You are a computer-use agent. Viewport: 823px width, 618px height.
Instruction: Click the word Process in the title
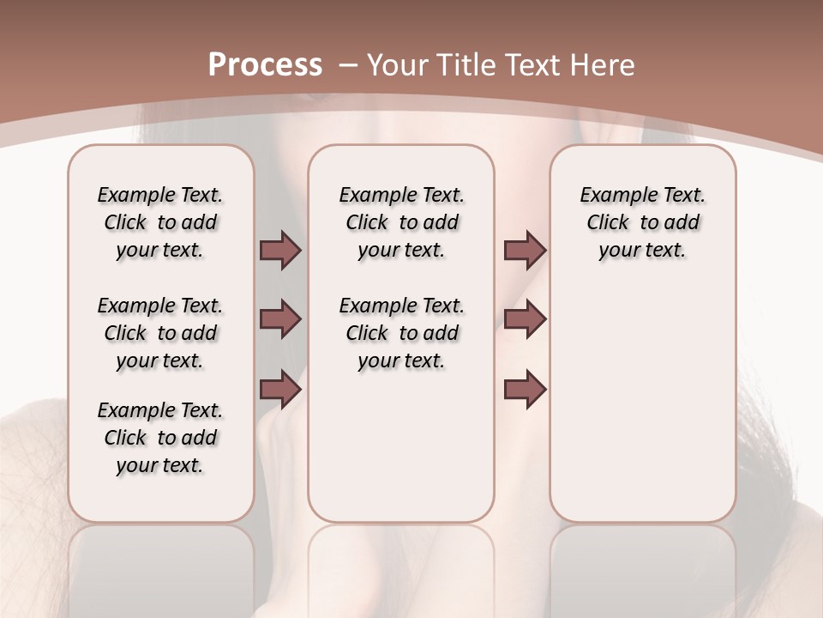(x=265, y=65)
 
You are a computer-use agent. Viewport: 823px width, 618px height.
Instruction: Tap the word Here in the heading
(x=603, y=65)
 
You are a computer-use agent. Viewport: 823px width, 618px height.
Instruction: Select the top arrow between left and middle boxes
(x=280, y=251)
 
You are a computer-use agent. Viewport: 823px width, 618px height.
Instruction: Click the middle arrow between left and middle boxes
(x=280, y=320)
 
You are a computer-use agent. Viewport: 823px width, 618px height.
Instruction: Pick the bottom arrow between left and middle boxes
(x=280, y=390)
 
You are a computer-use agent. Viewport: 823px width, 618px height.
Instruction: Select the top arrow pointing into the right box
(x=525, y=251)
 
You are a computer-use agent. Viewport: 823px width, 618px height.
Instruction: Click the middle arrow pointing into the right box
(x=525, y=320)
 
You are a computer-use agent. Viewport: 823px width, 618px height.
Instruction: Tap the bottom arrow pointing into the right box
(x=525, y=390)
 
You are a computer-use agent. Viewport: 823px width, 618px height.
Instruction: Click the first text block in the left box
(x=160, y=223)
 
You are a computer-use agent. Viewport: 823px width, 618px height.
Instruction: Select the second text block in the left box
(x=160, y=333)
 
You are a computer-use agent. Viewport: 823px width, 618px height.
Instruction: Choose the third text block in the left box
(x=160, y=438)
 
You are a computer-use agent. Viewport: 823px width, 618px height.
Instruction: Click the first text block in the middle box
(x=401, y=223)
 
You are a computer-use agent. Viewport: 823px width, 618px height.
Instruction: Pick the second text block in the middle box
(x=401, y=333)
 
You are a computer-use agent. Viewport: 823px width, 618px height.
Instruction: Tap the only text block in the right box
(x=642, y=223)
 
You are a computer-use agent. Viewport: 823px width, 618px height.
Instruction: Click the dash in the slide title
(x=348, y=65)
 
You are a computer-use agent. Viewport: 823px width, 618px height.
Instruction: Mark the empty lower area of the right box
(x=642, y=403)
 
